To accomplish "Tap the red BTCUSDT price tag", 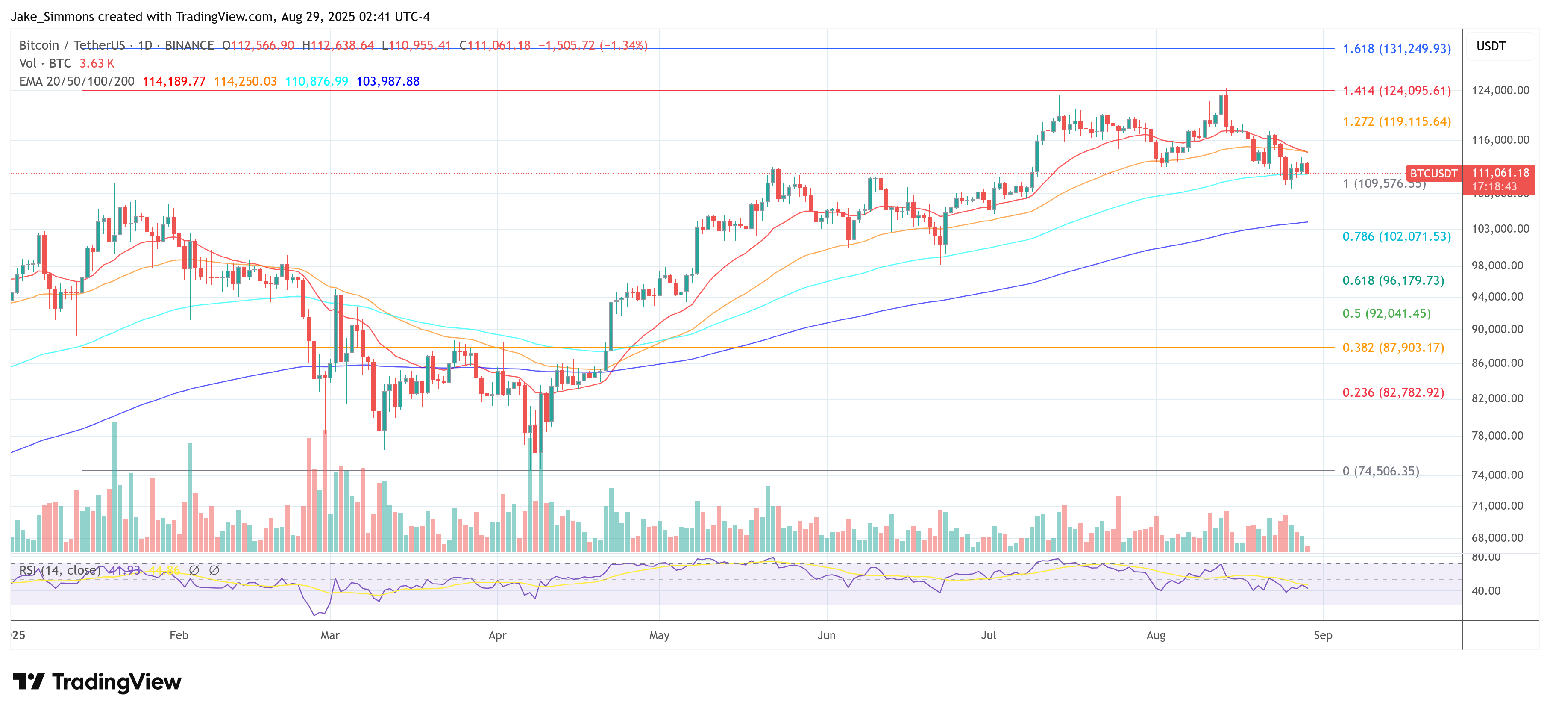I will tap(1433, 174).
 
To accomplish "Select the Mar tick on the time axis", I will tap(330, 635).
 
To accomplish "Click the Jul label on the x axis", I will tap(988, 635).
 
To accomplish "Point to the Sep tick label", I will tap(1323, 635).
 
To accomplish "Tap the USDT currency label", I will tap(1491, 46).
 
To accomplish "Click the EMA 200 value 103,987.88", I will tap(387, 81).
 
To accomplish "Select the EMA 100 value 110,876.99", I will tap(317, 81).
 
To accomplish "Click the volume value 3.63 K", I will tap(96, 63).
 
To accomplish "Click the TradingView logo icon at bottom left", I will tap(28, 682).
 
